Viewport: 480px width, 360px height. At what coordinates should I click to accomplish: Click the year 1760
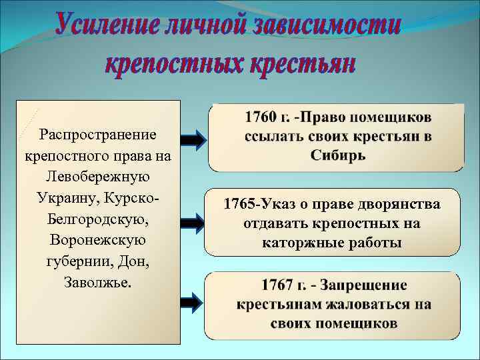click(261, 117)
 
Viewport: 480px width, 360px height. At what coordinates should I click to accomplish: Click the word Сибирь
click(337, 155)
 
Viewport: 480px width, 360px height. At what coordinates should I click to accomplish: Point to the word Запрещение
click(363, 285)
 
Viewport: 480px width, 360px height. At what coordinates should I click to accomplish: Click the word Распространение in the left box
click(98, 135)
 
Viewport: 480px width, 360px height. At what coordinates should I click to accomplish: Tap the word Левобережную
click(98, 177)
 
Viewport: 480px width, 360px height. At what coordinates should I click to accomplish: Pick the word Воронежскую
click(98, 239)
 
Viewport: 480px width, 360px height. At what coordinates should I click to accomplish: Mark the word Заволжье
click(98, 281)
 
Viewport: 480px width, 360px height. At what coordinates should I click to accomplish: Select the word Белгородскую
click(98, 219)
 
